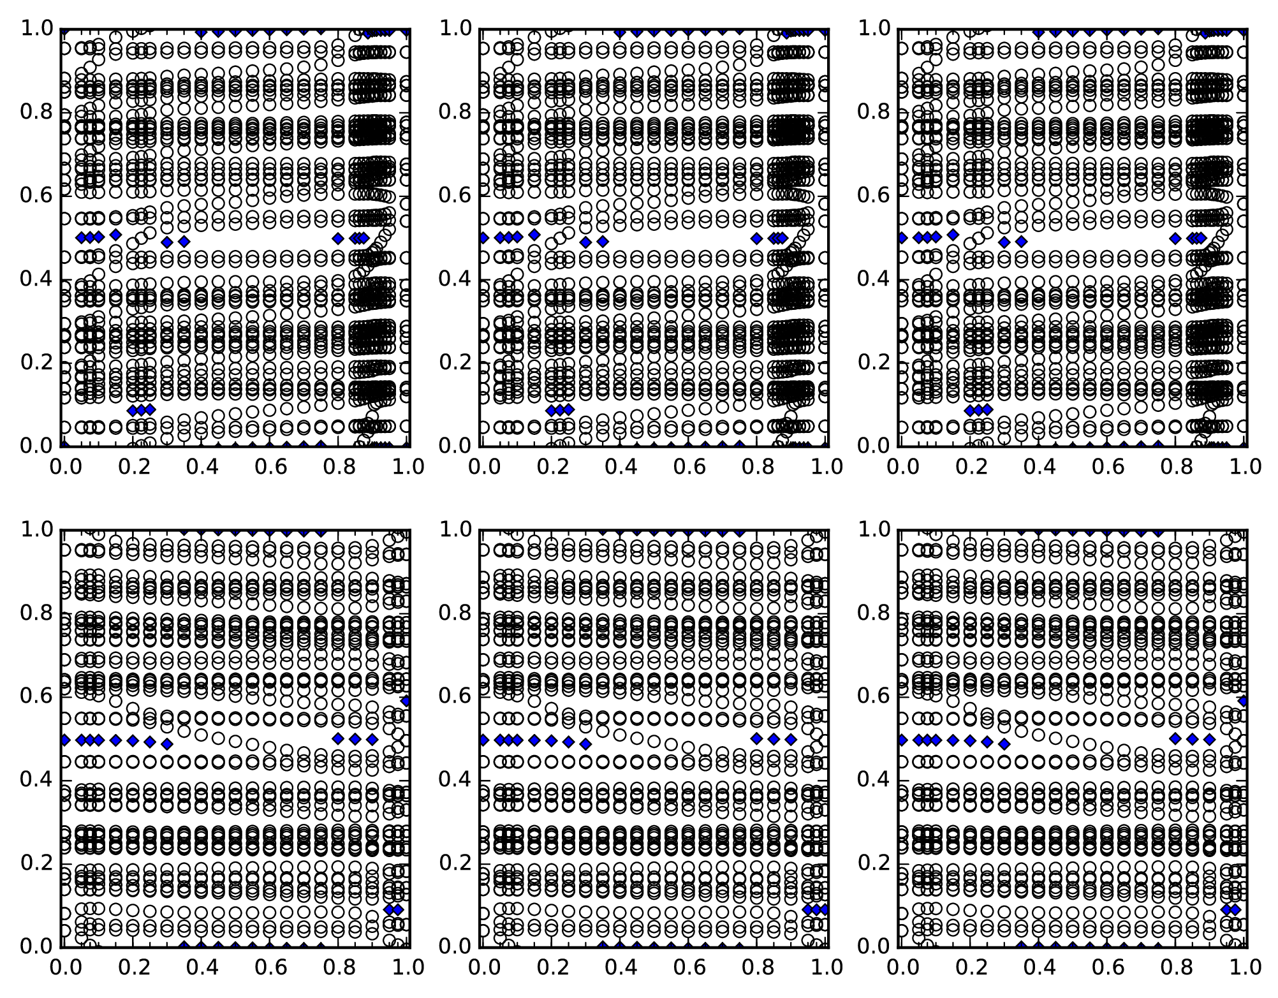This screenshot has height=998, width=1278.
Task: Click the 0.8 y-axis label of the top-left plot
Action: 36,112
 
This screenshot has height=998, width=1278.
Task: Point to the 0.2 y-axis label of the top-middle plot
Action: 455,362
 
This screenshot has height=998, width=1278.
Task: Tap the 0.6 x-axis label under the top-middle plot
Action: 687,467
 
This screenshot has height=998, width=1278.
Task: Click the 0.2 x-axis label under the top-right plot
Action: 970,467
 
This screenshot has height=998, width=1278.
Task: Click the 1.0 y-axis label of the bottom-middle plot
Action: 455,529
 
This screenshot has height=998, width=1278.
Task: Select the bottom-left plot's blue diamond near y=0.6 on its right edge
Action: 406,701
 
